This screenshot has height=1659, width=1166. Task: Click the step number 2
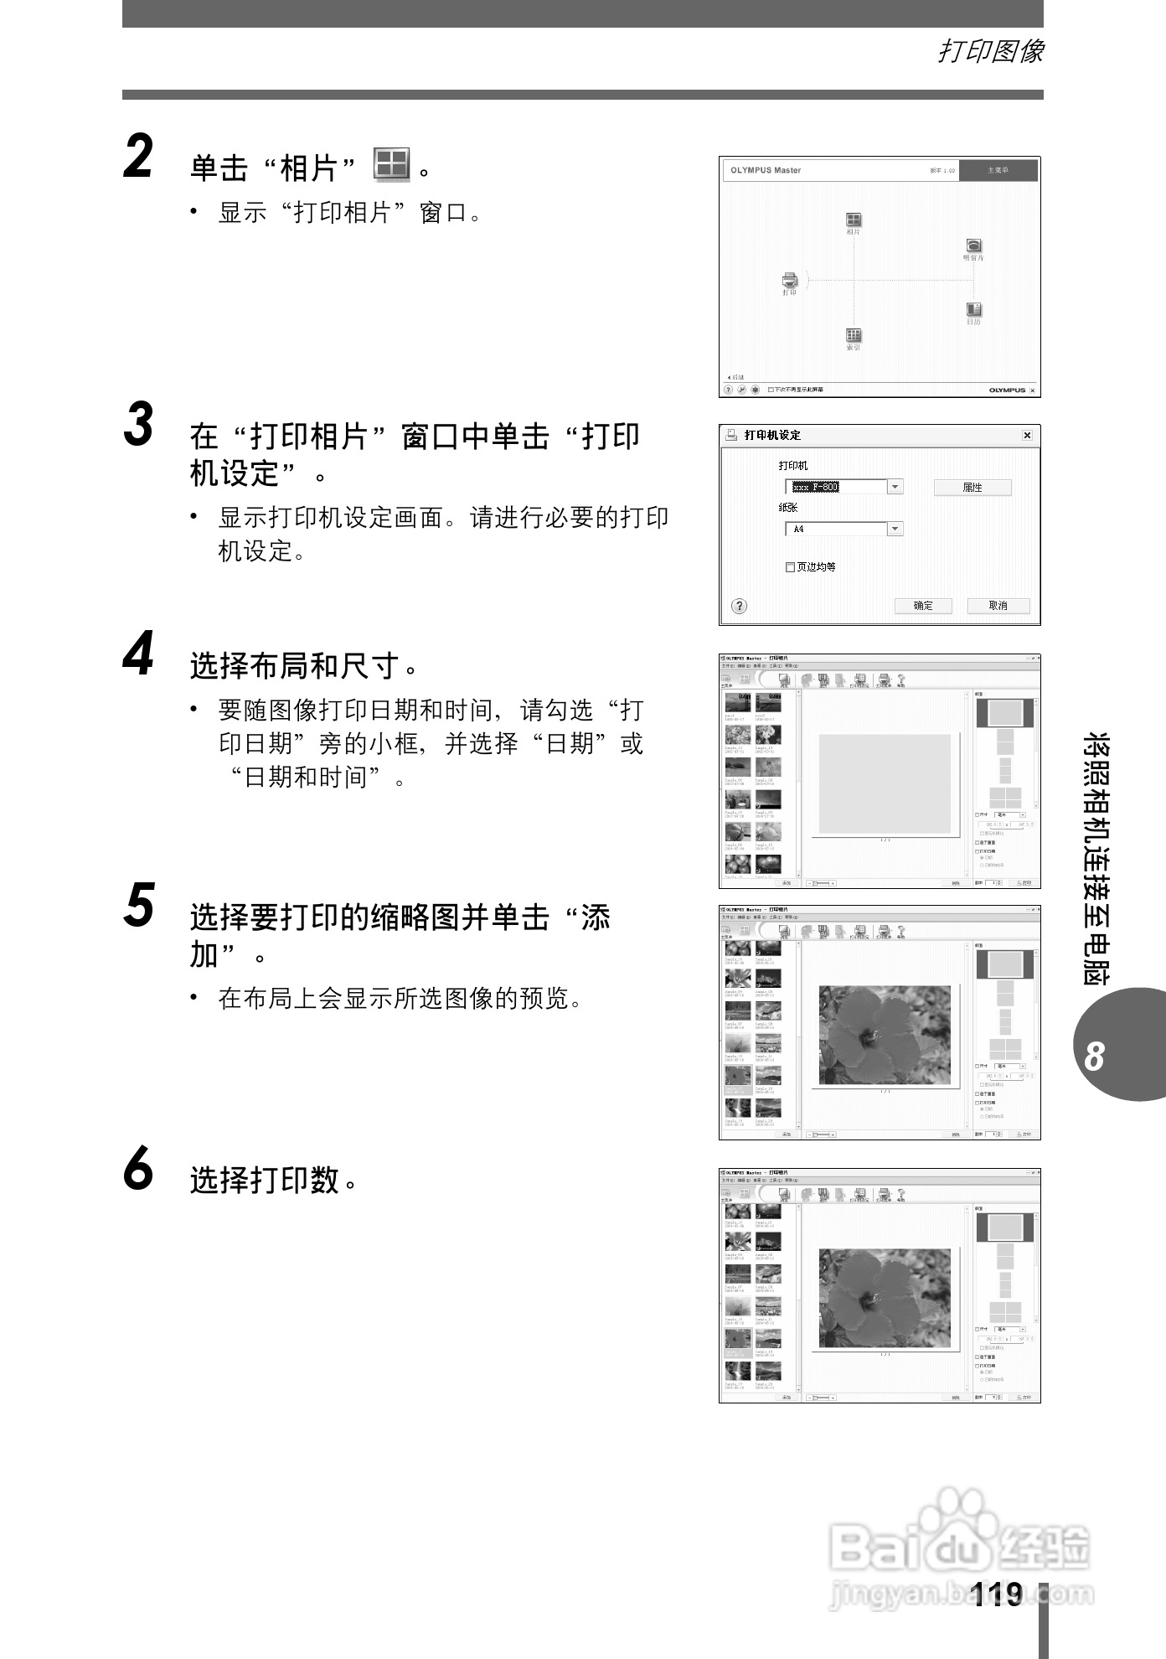[139, 158]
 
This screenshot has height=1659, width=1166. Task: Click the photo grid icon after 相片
[391, 165]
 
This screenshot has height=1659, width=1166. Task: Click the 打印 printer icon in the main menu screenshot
[789, 281]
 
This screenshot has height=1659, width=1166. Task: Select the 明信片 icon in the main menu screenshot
[973, 245]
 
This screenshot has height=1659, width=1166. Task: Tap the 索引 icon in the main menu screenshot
[854, 335]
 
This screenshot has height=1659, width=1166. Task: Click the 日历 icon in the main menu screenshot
[973, 310]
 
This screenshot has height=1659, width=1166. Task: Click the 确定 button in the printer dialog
[922, 606]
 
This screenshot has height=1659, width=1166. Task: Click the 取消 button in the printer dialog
[998, 606]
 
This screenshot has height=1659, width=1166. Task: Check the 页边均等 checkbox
[790, 567]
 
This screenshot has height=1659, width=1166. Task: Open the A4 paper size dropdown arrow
[895, 529]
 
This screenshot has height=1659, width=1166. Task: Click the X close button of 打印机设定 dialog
[1027, 436]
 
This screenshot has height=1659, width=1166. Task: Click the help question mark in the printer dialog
[739, 606]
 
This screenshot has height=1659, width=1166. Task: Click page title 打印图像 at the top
[990, 52]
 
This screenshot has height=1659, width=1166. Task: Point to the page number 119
[997, 1594]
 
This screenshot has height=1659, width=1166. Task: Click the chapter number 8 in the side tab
[1094, 1057]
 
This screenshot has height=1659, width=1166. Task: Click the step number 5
[139, 907]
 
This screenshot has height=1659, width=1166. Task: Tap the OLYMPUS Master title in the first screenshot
[766, 170]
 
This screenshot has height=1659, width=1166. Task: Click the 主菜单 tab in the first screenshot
[998, 170]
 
